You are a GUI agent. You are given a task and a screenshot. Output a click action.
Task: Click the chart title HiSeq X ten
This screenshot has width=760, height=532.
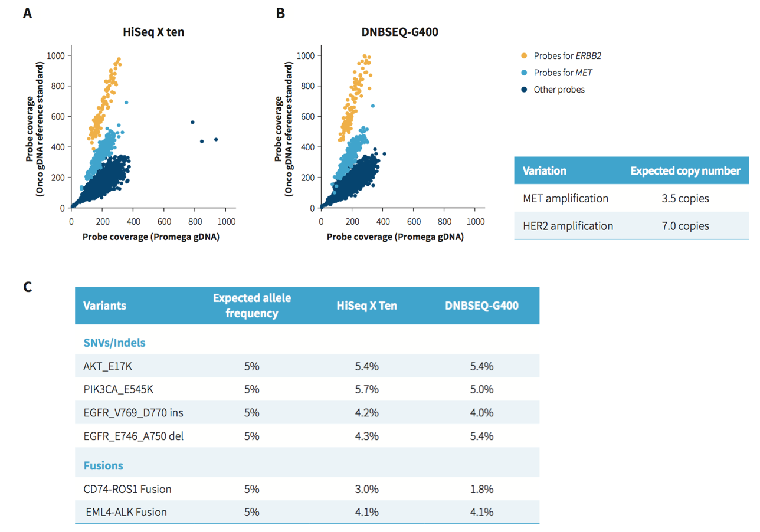pyautogui.click(x=149, y=32)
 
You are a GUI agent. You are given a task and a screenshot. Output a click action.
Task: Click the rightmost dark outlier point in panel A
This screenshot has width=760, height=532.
pyautogui.click(x=216, y=140)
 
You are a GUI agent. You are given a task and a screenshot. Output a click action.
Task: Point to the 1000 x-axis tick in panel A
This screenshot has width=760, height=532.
pyautogui.click(x=227, y=222)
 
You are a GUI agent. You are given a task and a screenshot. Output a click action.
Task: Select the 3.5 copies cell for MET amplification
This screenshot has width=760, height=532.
pyautogui.click(x=685, y=198)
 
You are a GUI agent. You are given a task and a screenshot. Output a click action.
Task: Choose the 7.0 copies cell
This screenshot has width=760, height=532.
pyautogui.click(x=685, y=226)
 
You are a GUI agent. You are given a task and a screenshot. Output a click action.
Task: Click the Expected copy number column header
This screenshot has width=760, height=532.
pyautogui.click(x=685, y=171)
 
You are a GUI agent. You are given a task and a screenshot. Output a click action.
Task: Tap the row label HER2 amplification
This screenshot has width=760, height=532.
pyautogui.click(x=568, y=226)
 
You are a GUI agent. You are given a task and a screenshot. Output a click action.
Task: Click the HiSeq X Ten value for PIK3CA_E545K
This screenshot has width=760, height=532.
pyautogui.click(x=366, y=389)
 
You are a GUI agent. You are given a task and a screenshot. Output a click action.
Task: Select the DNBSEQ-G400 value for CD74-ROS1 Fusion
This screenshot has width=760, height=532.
pyautogui.click(x=481, y=489)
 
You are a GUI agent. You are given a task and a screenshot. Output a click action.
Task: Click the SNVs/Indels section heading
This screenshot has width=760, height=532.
pyautogui.click(x=114, y=342)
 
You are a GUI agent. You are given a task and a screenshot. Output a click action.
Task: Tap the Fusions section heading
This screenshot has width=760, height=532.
pyautogui.click(x=103, y=465)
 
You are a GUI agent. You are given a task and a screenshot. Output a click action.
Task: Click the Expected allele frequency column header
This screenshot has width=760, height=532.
pyautogui.click(x=252, y=306)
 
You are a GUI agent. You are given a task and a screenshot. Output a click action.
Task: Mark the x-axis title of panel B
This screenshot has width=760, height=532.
pyautogui.click(x=395, y=237)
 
